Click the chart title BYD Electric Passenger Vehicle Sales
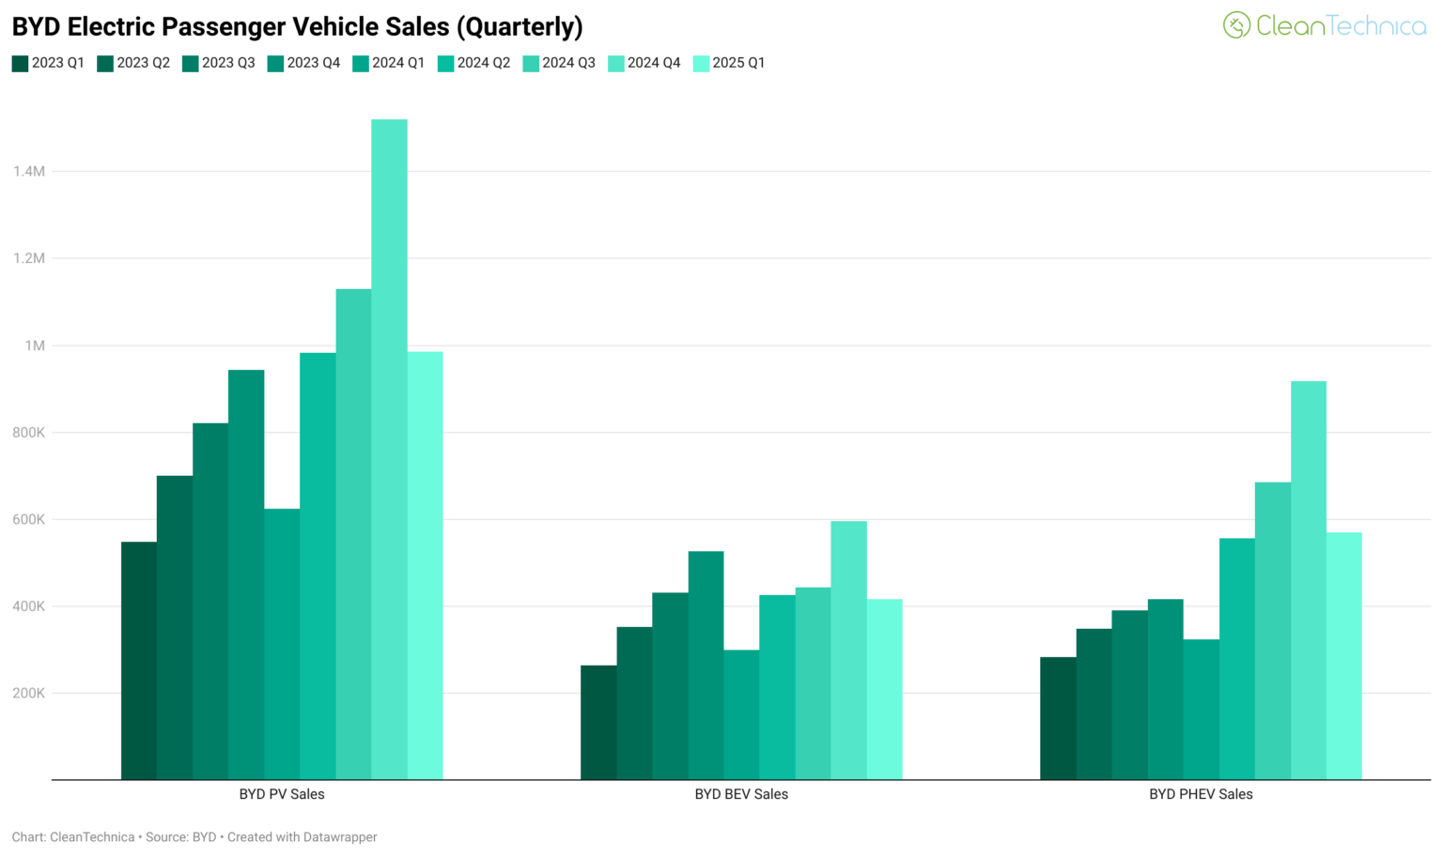click(x=297, y=26)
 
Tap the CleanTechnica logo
click(x=1324, y=25)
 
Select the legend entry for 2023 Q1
click(x=48, y=63)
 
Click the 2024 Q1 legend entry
click(x=389, y=63)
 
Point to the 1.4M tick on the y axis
click(x=29, y=171)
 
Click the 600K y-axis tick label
click(x=29, y=519)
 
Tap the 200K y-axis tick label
click(x=29, y=693)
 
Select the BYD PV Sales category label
click(x=282, y=794)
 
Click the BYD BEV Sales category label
click(x=741, y=794)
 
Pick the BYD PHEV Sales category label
click(x=1201, y=794)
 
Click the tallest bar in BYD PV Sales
click(x=389, y=451)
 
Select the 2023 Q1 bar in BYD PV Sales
click(x=139, y=661)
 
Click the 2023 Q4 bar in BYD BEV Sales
click(x=706, y=666)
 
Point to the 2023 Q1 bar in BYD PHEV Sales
click(x=1058, y=718)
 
